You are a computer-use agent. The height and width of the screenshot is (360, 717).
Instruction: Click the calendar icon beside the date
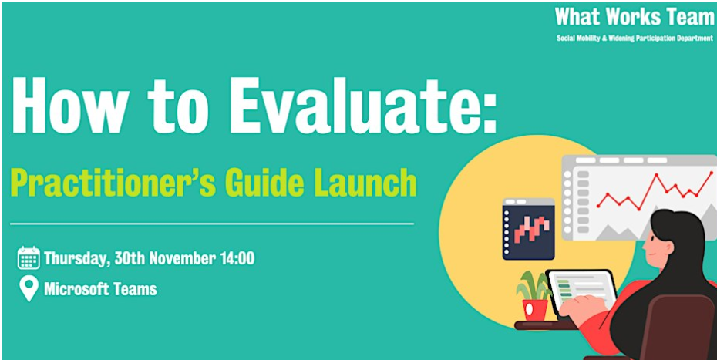click(x=29, y=257)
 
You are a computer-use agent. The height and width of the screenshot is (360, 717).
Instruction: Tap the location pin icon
click(x=29, y=289)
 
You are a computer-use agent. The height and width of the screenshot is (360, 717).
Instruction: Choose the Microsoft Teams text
click(x=100, y=289)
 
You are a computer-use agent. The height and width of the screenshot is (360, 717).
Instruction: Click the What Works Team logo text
click(x=635, y=18)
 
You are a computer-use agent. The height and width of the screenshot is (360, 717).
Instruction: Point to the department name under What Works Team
click(x=635, y=39)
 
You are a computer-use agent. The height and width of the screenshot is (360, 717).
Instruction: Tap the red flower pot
click(x=534, y=309)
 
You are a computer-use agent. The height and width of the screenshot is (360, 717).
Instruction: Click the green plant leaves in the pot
click(x=534, y=285)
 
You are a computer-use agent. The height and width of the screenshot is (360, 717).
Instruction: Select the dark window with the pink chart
click(x=528, y=229)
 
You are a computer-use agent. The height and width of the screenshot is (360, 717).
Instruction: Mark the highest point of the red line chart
click(x=712, y=173)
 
